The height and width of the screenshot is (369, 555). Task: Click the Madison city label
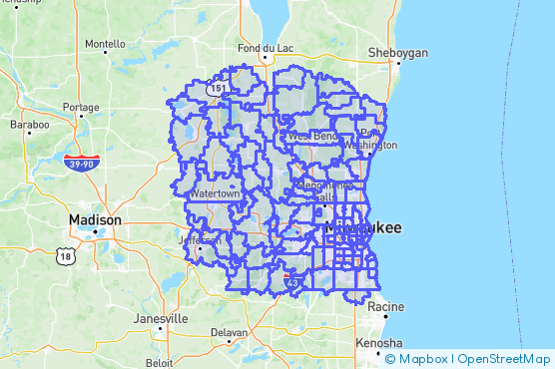(x=95, y=219)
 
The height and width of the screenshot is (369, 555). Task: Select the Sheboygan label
(x=398, y=52)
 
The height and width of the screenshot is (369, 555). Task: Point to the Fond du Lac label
(x=263, y=48)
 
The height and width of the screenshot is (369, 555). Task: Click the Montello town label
(x=106, y=44)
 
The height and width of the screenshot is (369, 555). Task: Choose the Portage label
(x=81, y=107)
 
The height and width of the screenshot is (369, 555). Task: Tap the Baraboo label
(x=29, y=125)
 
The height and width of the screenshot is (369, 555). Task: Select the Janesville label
(x=161, y=318)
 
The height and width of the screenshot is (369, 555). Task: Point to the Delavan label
(x=230, y=333)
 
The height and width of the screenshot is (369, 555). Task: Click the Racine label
(x=385, y=307)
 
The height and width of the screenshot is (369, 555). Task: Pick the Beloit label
(x=158, y=363)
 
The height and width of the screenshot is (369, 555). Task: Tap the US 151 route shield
(x=218, y=89)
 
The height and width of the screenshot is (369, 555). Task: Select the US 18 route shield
(x=67, y=255)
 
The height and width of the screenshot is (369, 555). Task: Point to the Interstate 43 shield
(x=292, y=282)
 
